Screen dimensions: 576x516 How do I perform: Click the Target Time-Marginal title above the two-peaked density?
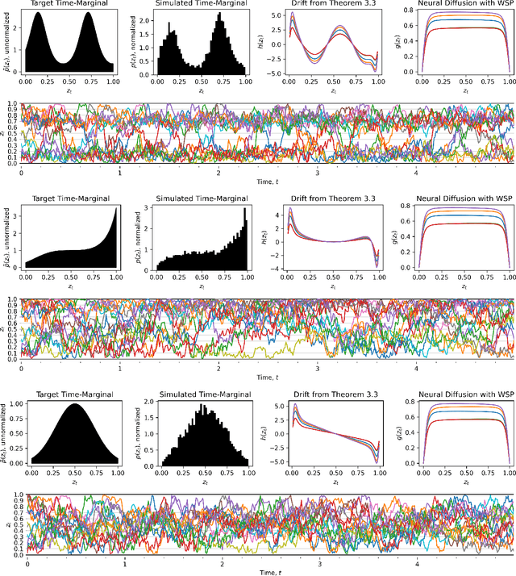click(x=71, y=5)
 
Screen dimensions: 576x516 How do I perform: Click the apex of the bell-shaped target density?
click(x=72, y=404)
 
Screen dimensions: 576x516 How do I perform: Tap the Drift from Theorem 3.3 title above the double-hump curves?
click(x=329, y=5)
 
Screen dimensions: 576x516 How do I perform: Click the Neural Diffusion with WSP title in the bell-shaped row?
click(x=458, y=394)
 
